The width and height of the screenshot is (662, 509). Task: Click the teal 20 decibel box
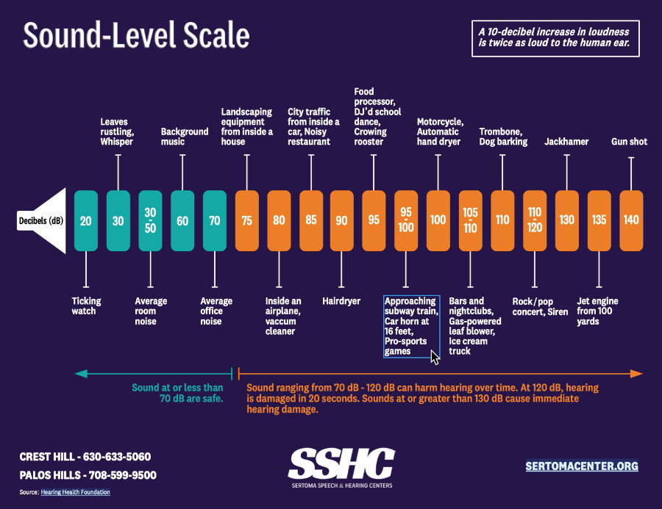tap(86, 220)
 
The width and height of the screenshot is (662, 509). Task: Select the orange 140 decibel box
tap(631, 220)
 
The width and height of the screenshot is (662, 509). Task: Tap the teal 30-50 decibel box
tap(150, 220)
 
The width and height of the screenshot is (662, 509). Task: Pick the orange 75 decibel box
tap(246, 220)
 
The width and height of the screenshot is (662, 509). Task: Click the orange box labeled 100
tap(438, 220)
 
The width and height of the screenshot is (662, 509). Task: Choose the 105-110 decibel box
tap(470, 220)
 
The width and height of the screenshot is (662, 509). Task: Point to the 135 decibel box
tap(599, 220)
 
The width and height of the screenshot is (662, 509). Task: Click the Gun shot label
tap(629, 142)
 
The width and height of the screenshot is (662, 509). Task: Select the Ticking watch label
tap(86, 306)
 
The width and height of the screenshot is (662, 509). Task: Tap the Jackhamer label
tap(566, 142)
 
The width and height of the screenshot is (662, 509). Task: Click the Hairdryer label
tap(341, 301)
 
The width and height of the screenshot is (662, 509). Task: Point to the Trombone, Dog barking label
tap(503, 137)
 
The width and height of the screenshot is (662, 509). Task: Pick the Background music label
tap(185, 137)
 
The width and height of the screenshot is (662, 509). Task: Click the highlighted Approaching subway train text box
tap(411, 326)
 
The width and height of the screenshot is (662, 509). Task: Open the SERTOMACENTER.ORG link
tap(581, 466)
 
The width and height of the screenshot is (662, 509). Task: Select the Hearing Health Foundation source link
tap(76, 492)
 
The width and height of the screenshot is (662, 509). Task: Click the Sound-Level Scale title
tap(137, 35)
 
